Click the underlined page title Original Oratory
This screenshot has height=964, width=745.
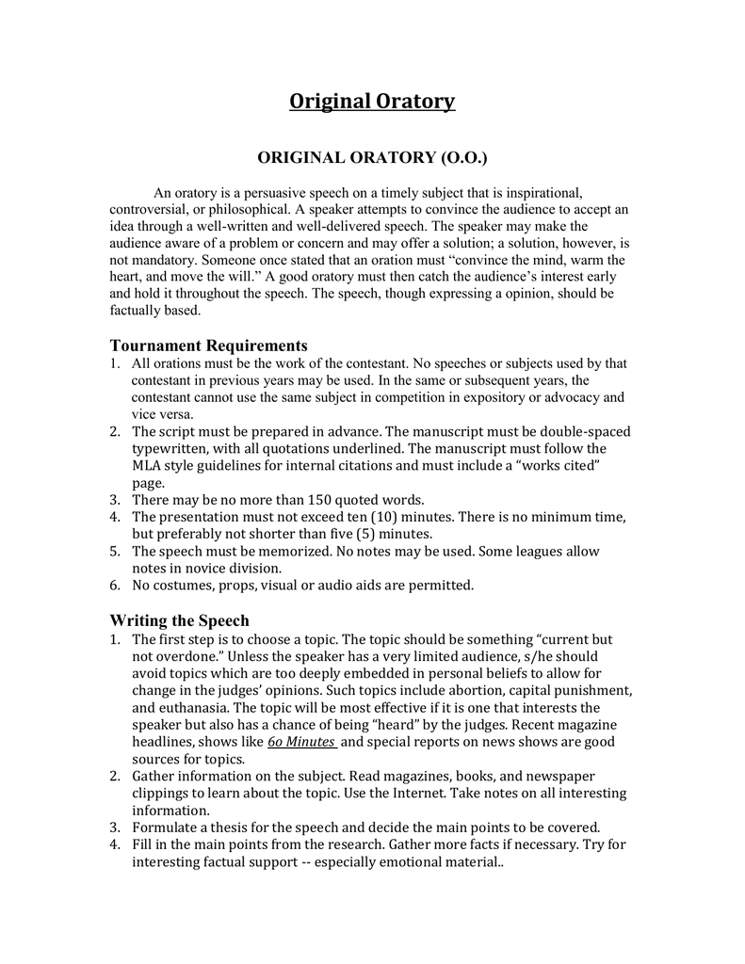[x=372, y=101]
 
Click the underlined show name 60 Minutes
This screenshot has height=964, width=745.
[x=301, y=741]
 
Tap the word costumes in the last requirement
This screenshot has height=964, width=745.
[x=188, y=585]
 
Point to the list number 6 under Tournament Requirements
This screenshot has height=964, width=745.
[x=115, y=585]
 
